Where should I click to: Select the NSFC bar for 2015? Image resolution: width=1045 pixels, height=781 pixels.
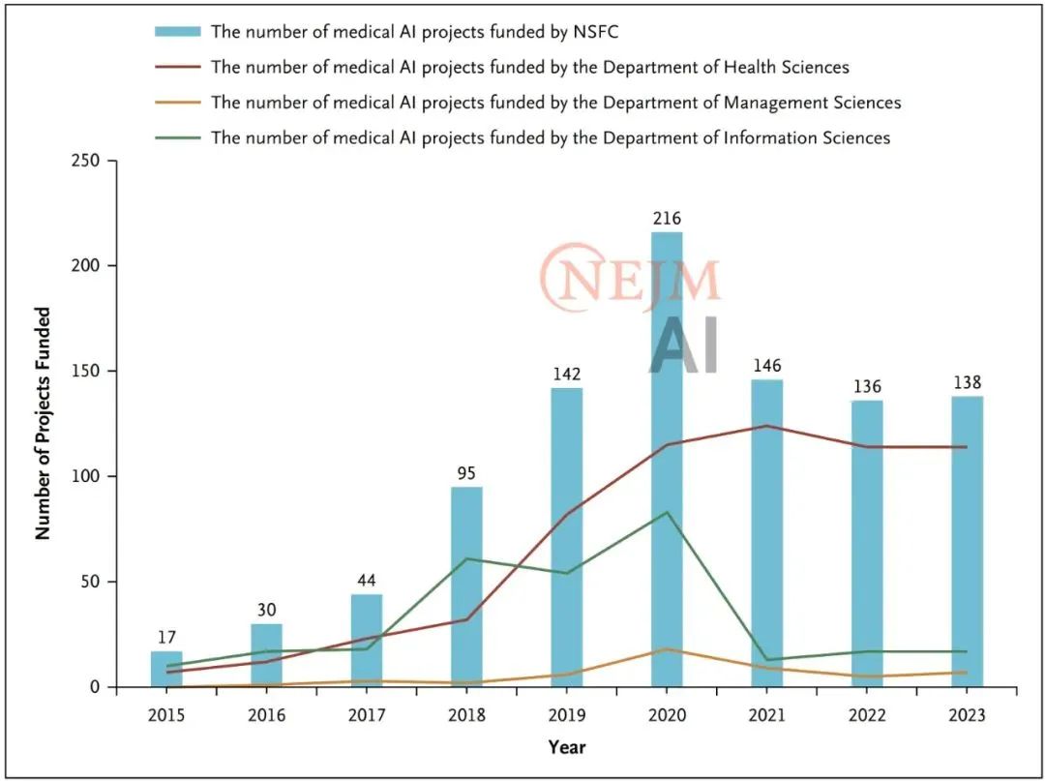pos(166,670)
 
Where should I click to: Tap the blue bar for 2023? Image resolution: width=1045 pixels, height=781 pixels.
pos(967,542)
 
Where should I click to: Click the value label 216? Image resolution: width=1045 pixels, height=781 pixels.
pos(667,219)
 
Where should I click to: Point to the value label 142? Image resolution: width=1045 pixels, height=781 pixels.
pos(566,375)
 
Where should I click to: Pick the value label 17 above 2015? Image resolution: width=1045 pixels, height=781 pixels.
pos(166,638)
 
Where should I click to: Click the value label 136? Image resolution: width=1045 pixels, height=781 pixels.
pos(867,387)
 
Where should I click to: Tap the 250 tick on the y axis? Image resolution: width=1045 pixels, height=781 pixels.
pos(89,160)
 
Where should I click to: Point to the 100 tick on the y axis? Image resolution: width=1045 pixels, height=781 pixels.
pos(89,476)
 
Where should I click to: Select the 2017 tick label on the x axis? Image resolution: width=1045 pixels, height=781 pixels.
pos(367,715)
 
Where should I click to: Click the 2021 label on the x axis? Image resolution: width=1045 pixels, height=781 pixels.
pos(766,715)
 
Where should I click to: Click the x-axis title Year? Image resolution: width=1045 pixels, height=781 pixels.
pos(566,747)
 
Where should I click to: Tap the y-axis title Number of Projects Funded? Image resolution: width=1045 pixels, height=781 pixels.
pos(43,423)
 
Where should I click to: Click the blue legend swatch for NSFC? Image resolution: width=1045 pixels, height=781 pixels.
pos(178,32)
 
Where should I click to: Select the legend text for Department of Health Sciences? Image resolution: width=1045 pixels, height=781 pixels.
pos(530,67)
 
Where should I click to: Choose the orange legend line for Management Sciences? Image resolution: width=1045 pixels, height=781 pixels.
pos(178,103)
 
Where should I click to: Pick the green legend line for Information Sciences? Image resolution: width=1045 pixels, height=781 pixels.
pos(178,137)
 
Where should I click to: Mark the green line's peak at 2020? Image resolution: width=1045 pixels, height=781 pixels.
pos(667,512)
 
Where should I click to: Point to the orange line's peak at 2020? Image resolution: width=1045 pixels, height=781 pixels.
pos(667,649)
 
